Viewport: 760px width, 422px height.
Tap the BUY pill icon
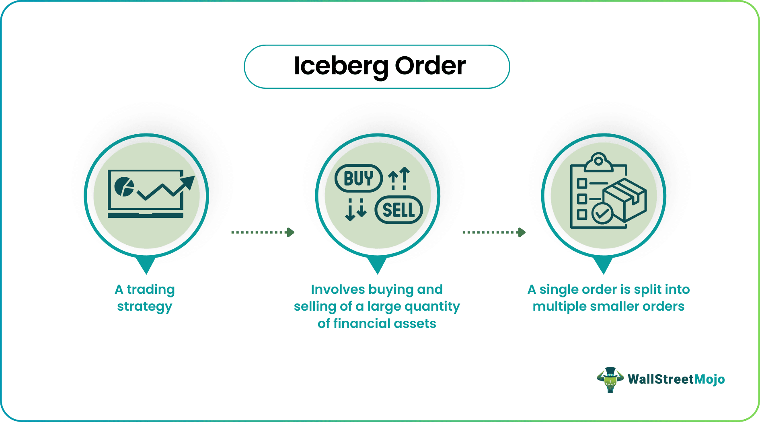point(358,178)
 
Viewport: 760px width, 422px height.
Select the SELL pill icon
point(398,210)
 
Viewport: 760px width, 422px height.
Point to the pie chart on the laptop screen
point(124,186)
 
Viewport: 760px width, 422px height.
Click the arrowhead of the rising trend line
point(187,182)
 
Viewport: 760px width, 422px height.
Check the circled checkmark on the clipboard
point(602,213)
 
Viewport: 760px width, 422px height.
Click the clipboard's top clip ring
point(598,161)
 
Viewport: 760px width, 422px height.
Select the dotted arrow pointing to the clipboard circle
point(494,232)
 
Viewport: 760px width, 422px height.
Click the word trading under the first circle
point(150,289)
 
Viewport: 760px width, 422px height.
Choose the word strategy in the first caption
point(145,307)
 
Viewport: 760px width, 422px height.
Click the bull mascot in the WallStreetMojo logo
point(610,379)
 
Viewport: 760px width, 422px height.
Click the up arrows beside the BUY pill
point(399,178)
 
